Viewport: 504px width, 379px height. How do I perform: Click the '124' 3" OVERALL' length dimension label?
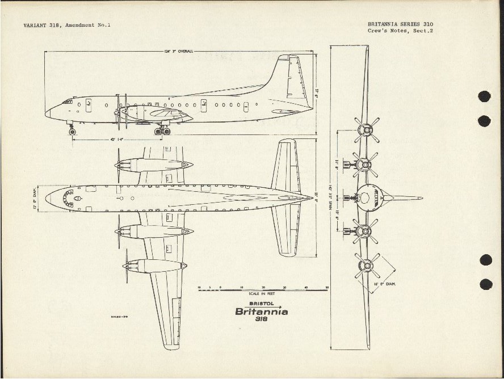pos(179,51)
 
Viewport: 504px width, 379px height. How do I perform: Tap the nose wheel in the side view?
pos(72,132)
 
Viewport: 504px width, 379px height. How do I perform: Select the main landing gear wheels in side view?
pos(162,131)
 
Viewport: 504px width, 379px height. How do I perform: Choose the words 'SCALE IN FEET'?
pos(262,294)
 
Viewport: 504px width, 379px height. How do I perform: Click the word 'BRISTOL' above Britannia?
pos(261,304)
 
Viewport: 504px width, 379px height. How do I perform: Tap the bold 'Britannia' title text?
pos(261,311)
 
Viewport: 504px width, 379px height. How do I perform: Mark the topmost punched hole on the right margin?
pos(484,96)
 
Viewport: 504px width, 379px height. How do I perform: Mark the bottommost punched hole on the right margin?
pos(485,284)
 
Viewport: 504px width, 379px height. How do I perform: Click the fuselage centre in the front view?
pos(366,198)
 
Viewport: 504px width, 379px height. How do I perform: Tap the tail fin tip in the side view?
pos(296,57)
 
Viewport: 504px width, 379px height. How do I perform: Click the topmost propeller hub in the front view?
pos(367,129)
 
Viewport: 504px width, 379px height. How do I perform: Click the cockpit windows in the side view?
pos(68,102)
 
